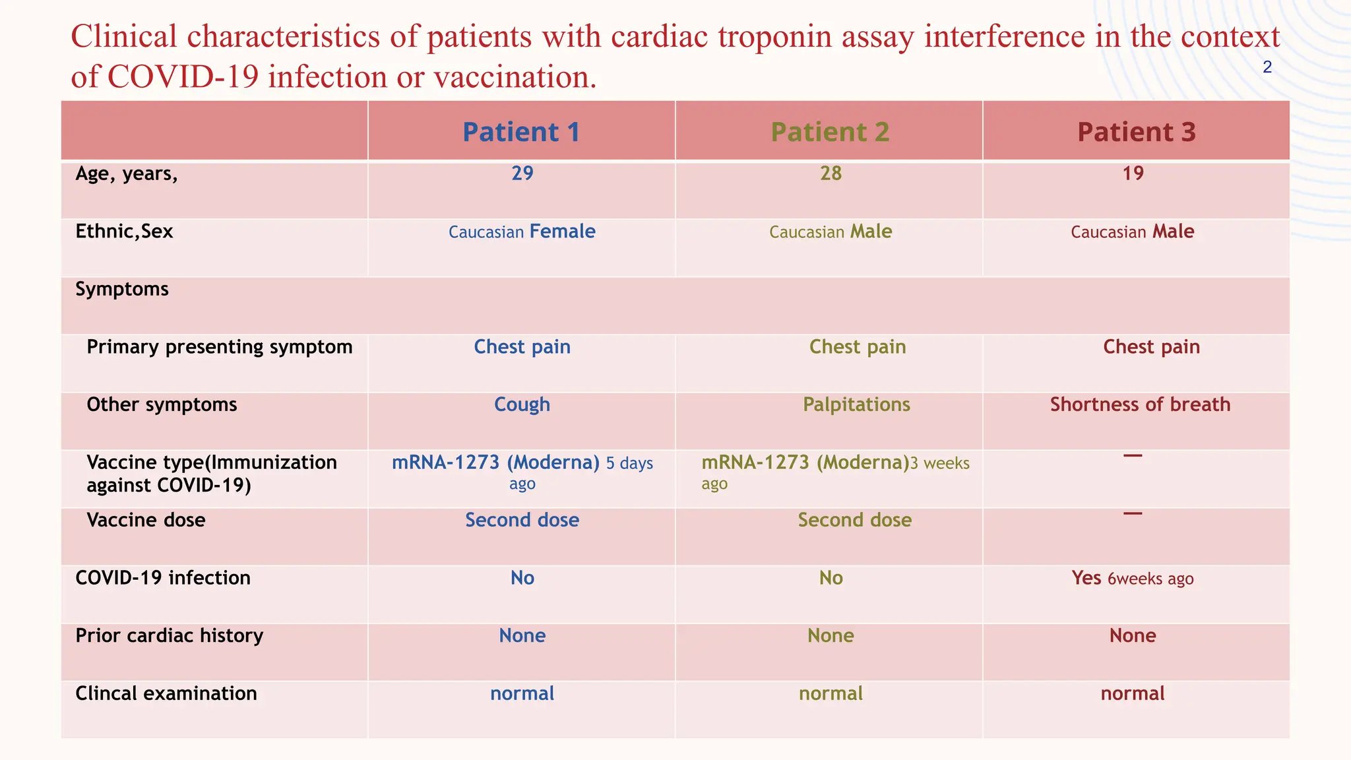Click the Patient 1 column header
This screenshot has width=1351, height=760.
tap(521, 132)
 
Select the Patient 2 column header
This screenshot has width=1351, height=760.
tap(830, 132)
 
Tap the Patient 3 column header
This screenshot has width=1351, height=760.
tap(1137, 132)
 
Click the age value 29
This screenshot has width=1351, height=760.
tap(522, 174)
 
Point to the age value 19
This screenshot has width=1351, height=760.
tap(1133, 174)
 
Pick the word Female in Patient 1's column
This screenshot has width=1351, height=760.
tap(562, 232)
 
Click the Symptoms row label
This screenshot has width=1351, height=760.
tap(122, 289)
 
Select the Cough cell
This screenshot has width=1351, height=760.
tap(522, 404)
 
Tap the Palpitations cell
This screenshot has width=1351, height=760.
tap(856, 404)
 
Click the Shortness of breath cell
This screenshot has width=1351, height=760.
tap(1140, 404)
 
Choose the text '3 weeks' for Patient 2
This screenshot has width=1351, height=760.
tap(940, 464)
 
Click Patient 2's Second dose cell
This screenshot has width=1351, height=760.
tap(855, 520)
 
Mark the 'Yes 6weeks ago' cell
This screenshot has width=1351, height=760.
tap(1133, 579)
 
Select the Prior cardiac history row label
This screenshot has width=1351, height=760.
tap(169, 635)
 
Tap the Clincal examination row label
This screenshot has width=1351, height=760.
tap(166, 693)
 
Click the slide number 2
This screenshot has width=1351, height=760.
tap(1267, 67)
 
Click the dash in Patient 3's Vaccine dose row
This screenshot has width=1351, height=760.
tap(1133, 513)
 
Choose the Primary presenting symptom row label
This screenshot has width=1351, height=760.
tap(219, 347)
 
